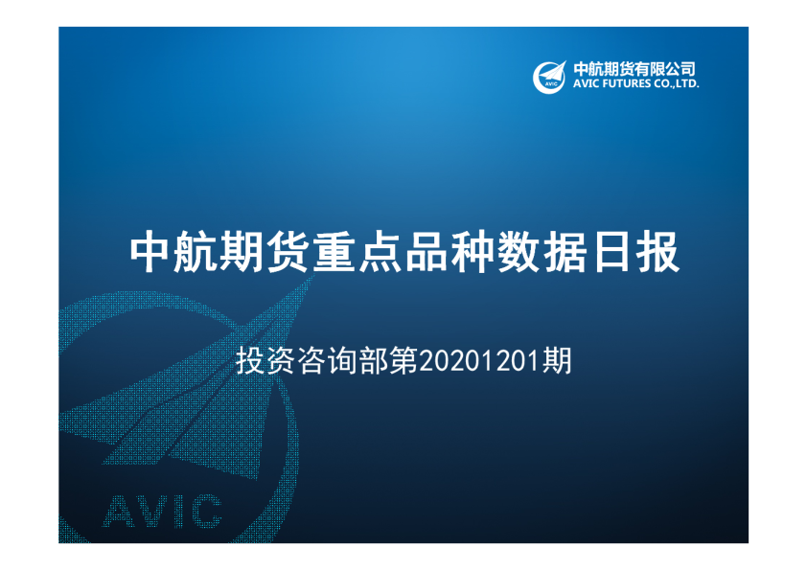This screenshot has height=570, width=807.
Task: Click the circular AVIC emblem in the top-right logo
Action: pos(550,76)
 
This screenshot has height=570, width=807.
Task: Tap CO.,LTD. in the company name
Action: pos(678,84)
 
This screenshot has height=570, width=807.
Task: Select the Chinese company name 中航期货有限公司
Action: pos(634,69)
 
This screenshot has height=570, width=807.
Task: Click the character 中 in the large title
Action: pos(150,253)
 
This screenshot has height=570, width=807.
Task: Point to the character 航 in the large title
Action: pos(196,253)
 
